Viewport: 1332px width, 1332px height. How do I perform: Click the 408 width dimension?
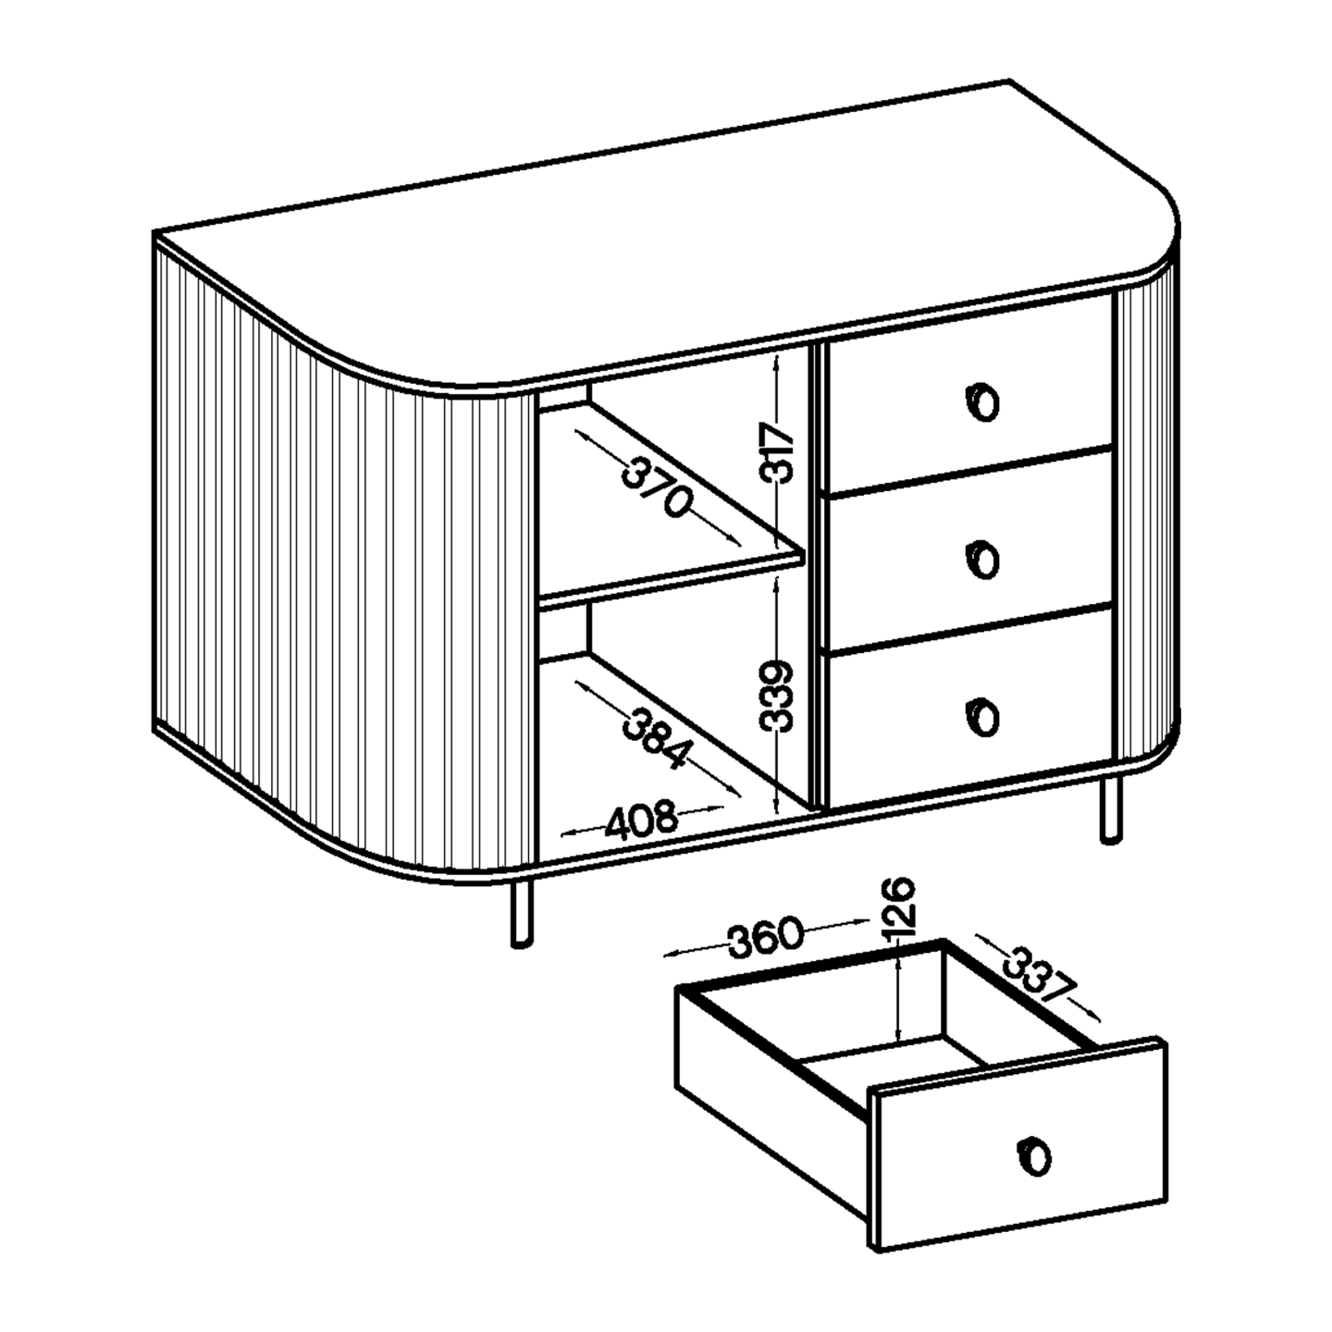point(641,820)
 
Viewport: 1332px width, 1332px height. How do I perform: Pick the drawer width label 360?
point(767,937)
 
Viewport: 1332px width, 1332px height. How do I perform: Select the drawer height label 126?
point(899,905)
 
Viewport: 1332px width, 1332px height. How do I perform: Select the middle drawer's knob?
point(981,560)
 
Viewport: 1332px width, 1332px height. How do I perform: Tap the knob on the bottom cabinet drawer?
point(981,717)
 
